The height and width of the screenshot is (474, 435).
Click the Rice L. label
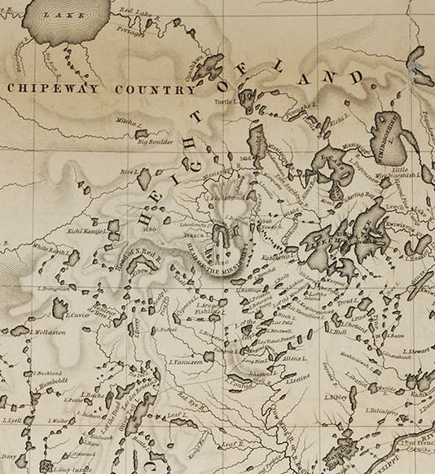tap(130, 172)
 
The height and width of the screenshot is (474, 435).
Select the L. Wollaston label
tap(47, 332)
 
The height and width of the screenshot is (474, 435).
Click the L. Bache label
tap(93, 394)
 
